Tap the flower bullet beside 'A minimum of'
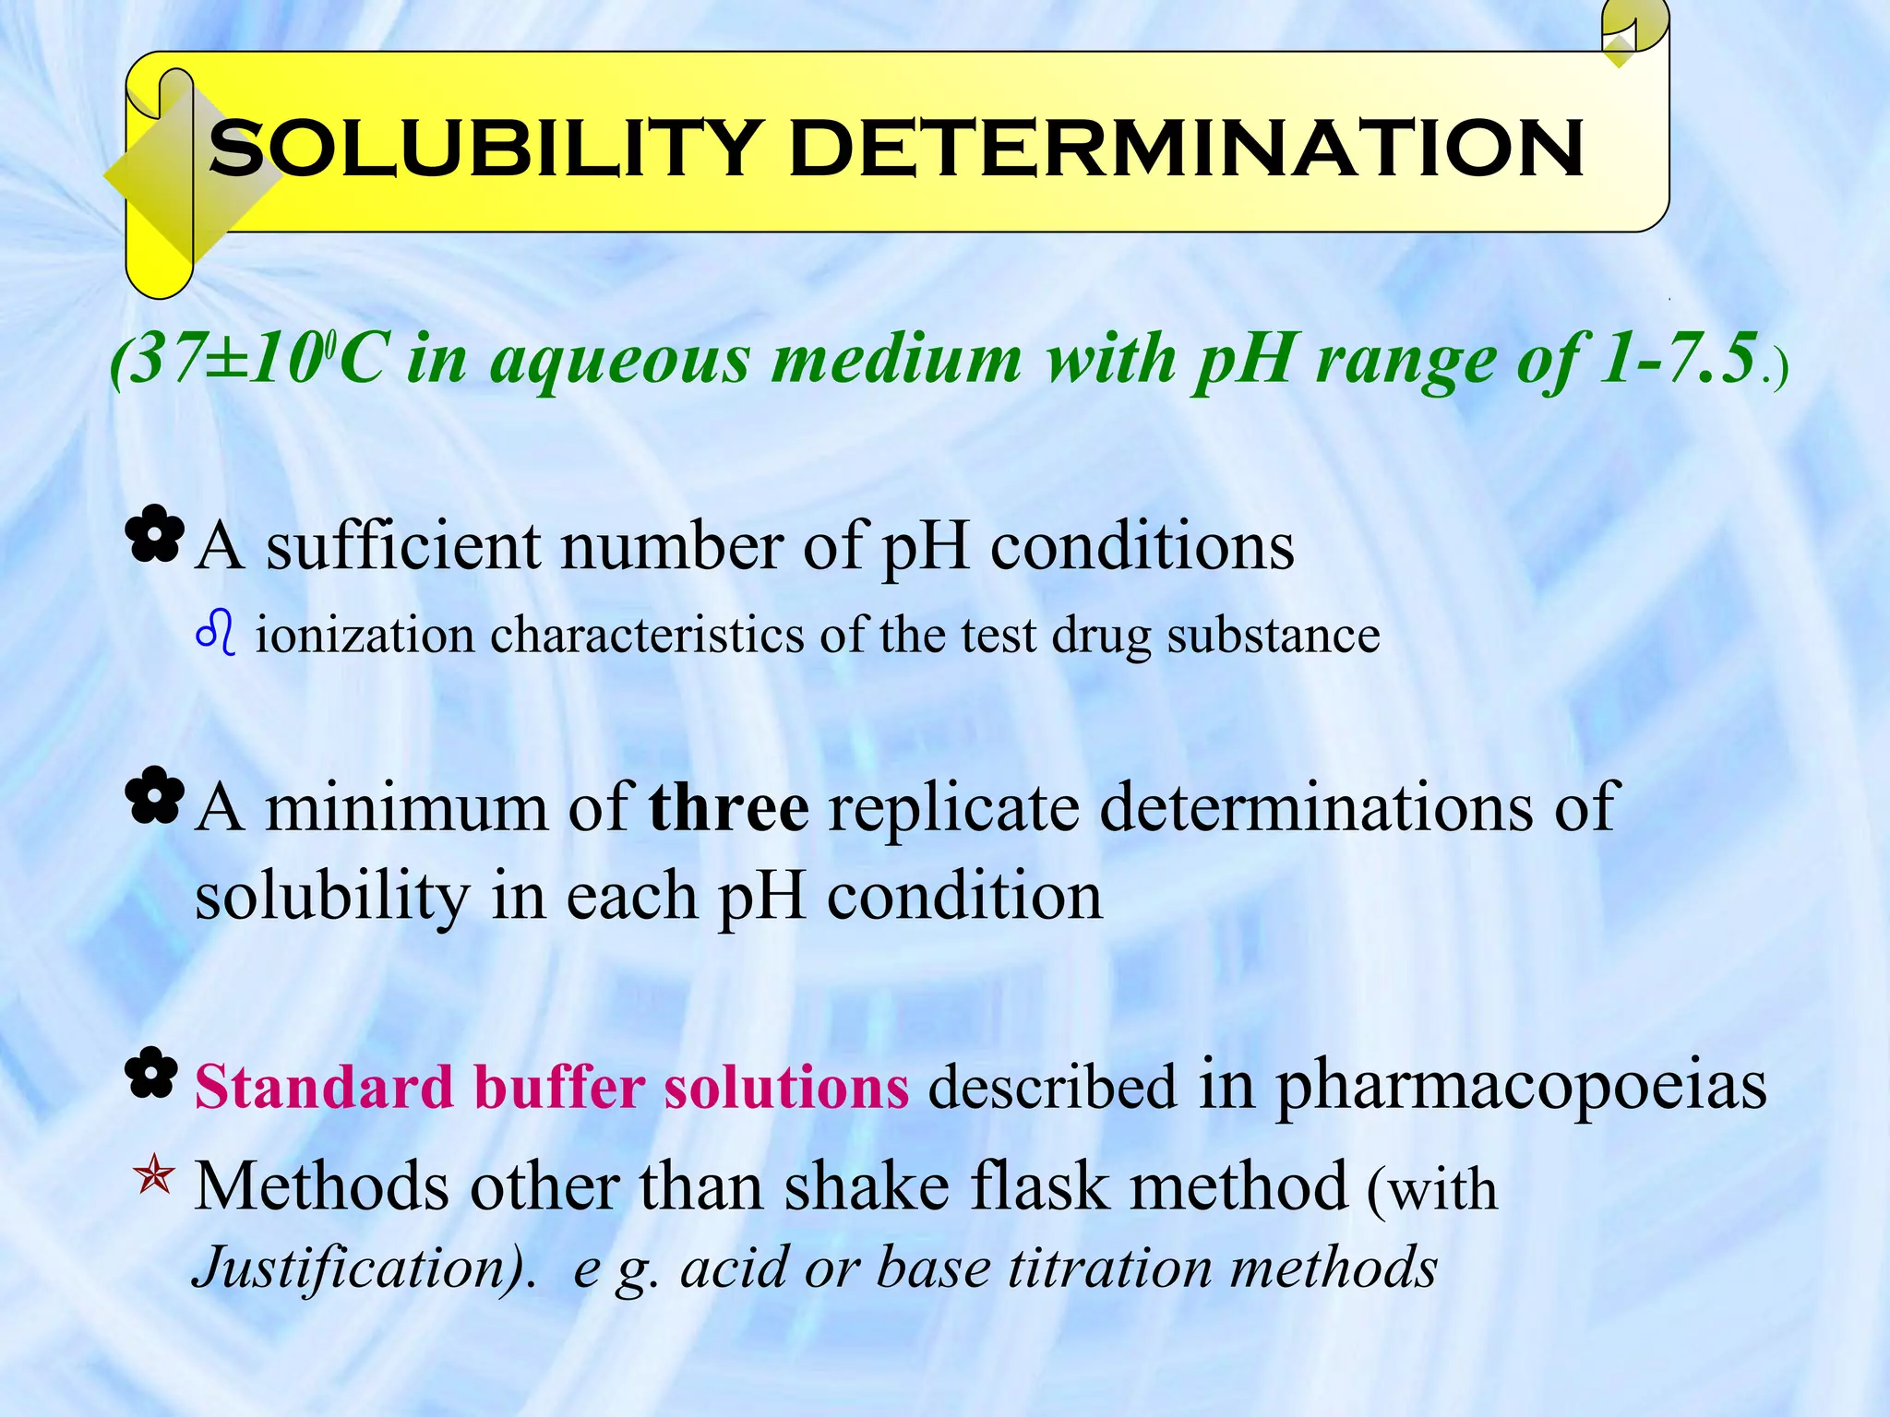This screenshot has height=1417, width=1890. coord(155,795)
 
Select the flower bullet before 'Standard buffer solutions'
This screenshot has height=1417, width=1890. coord(153,1074)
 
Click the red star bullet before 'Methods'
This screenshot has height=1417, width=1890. coord(153,1177)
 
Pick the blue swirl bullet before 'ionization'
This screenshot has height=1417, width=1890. coord(216,635)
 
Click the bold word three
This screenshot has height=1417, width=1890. coord(729,806)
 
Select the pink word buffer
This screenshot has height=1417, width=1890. coord(559,1087)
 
